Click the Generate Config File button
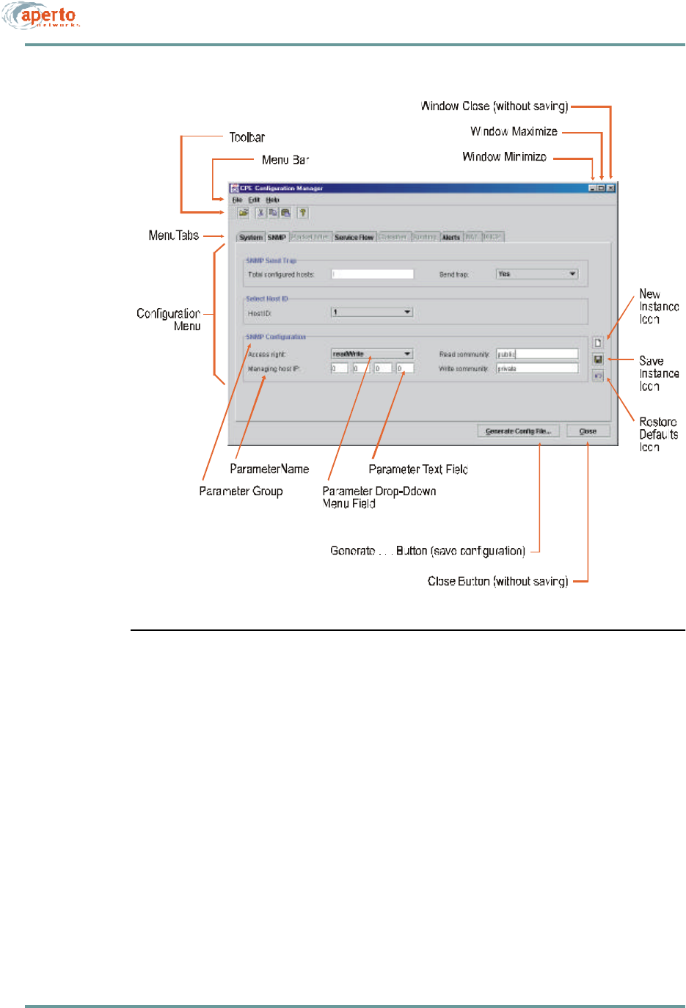point(518,431)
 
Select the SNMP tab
point(277,237)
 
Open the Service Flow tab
point(354,237)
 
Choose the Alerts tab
point(450,237)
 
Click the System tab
point(250,237)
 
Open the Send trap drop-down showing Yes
point(537,274)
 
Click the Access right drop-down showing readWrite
point(372,354)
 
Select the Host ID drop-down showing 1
point(372,313)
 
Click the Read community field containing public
point(537,354)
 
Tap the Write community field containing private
point(537,368)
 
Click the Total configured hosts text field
point(372,274)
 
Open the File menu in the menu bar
point(237,200)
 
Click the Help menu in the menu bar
point(272,200)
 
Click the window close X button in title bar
point(610,188)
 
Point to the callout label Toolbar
point(247,137)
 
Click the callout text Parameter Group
point(241,491)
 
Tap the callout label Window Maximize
point(514,131)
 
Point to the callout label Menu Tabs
point(173,235)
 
